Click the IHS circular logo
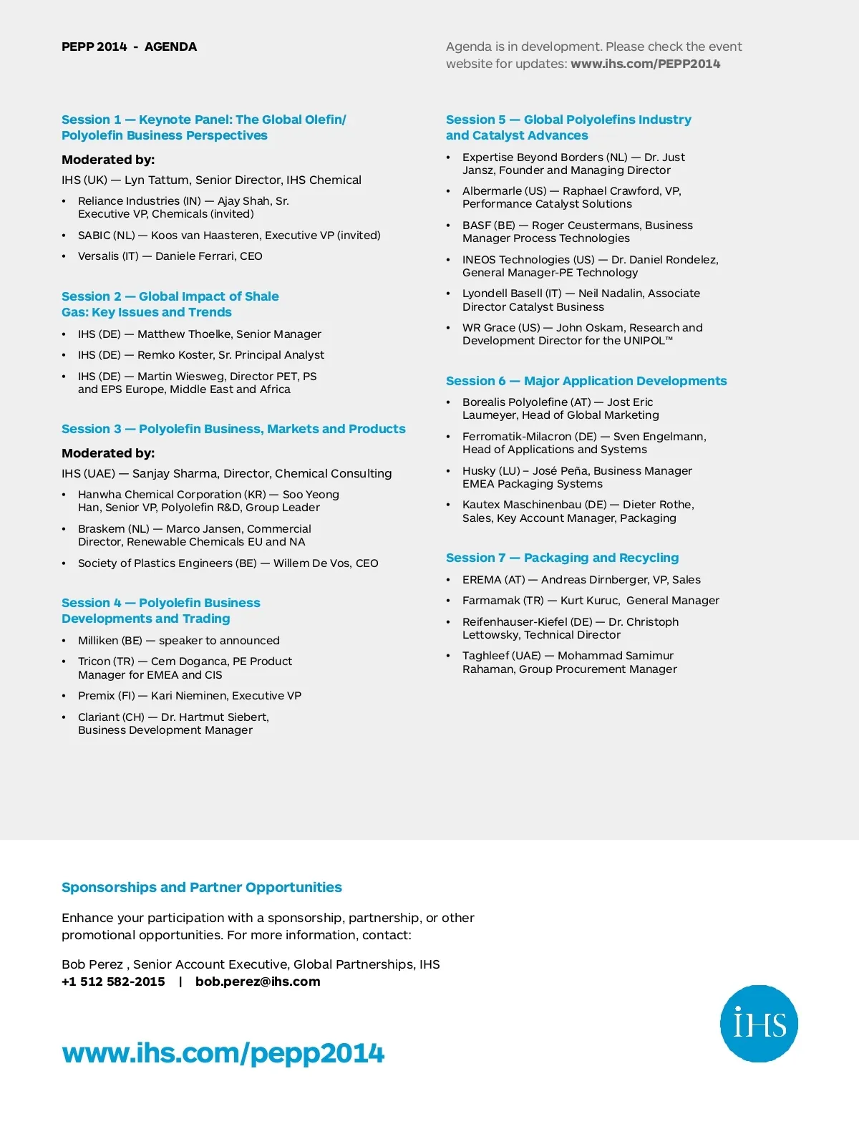[x=759, y=1023]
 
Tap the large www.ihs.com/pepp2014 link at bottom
[x=223, y=1053]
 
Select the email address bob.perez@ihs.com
[x=258, y=982]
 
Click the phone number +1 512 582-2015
[x=113, y=982]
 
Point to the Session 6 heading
[x=586, y=381]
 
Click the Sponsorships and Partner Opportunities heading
[x=201, y=887]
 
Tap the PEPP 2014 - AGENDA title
[x=129, y=47]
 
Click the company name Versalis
[x=99, y=256]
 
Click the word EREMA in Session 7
[x=482, y=580]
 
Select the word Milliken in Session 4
[x=98, y=641]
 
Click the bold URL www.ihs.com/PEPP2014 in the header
[x=645, y=64]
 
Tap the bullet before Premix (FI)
[x=64, y=697]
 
